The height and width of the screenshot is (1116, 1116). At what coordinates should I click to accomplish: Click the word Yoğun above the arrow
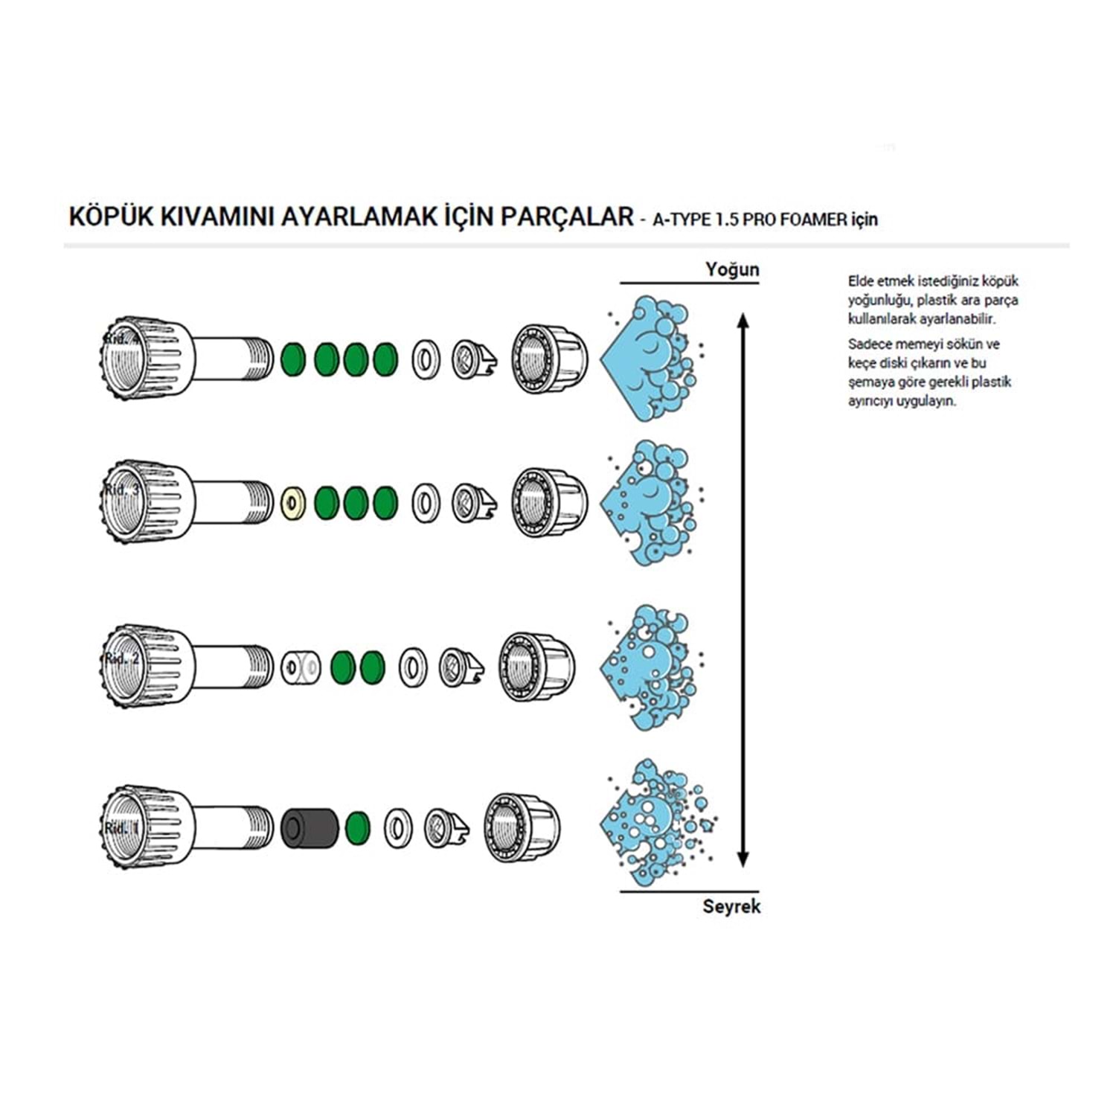732,269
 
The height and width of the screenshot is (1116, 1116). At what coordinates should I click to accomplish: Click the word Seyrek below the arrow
731,906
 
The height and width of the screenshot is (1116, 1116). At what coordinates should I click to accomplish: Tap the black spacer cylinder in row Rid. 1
310,827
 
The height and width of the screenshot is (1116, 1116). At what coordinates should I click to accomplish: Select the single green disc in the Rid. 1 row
358,827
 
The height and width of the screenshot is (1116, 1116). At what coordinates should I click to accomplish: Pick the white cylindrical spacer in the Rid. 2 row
301,667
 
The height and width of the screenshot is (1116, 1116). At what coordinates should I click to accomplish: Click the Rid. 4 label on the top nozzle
121,339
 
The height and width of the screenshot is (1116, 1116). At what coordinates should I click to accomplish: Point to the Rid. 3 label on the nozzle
121,490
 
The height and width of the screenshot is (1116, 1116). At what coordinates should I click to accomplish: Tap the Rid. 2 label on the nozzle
122,658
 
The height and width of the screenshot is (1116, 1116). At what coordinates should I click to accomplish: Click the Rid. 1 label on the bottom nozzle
121,828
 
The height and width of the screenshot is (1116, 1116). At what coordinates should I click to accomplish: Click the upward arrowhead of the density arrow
742,321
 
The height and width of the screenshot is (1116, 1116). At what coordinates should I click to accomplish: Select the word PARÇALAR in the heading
566,217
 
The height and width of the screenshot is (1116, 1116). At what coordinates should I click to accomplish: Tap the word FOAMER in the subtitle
813,219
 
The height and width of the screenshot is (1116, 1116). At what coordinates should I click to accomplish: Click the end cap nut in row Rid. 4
549,359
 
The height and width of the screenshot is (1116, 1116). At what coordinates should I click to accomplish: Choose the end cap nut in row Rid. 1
522,827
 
